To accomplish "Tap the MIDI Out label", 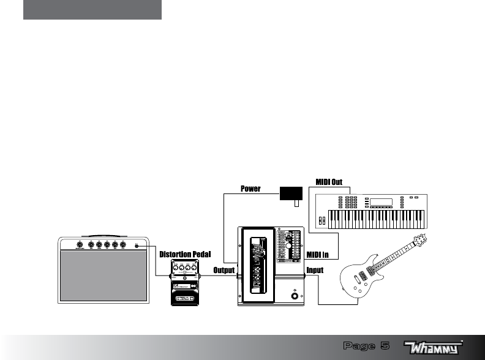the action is tap(328, 182).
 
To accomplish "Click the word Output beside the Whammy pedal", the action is tap(224, 270).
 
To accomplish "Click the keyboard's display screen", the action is tap(380, 202).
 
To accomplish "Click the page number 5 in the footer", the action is tap(385, 347).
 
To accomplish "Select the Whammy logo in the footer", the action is tap(434, 347).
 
